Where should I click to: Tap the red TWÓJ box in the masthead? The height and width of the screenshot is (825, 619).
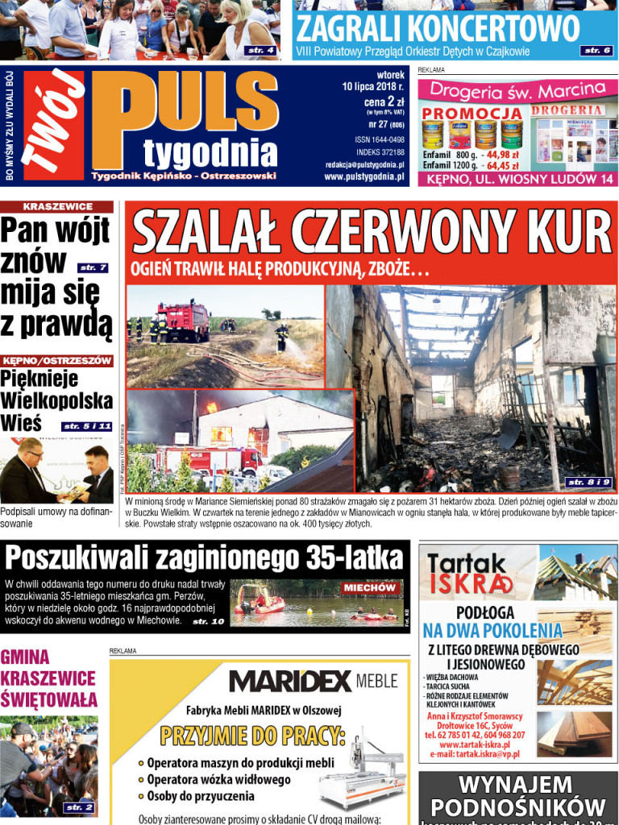coord(54,125)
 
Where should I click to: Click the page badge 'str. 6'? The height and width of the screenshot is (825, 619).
coord(596,51)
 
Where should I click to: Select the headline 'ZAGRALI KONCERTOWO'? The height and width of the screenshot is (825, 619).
coord(438,29)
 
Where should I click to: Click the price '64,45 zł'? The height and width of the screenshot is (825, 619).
coord(503,165)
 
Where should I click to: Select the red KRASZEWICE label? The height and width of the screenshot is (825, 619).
coord(57,207)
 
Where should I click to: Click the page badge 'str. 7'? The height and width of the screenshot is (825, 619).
coord(93,267)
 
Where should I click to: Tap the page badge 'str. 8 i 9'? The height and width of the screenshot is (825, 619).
coord(589,482)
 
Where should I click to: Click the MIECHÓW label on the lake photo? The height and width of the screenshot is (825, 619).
coord(370,587)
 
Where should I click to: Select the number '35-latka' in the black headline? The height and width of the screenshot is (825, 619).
coord(354,557)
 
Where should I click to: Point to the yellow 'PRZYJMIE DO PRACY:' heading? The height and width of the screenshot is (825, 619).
coord(252,736)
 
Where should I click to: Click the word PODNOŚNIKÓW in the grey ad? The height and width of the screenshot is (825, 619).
coord(517,807)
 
